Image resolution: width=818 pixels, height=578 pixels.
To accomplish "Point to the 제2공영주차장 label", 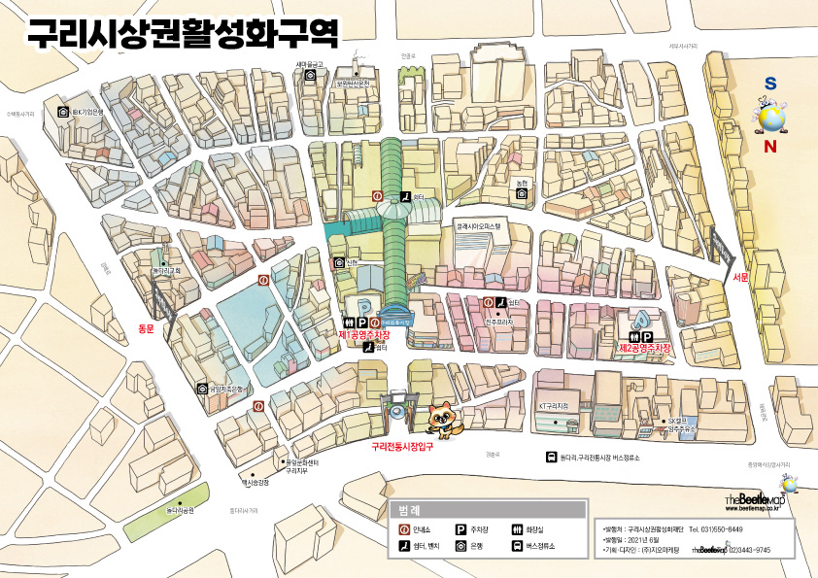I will click(x=646, y=348).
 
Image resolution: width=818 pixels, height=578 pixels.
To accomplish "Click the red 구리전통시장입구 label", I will click(x=401, y=447).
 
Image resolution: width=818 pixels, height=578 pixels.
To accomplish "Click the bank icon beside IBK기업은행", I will click(x=63, y=113).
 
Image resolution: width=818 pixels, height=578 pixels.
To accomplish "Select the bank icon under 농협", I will click(x=522, y=194).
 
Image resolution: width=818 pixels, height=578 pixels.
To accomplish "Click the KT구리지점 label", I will click(x=552, y=405).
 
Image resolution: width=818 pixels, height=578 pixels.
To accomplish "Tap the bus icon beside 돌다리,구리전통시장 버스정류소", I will click(x=551, y=458).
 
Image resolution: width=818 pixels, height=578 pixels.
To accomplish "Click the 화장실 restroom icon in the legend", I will click(x=517, y=529).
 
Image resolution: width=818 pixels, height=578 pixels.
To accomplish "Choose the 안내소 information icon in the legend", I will click(x=404, y=529).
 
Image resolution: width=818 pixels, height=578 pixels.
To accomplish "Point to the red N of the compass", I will click(x=770, y=148).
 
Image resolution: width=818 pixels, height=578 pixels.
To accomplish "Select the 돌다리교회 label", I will click(x=166, y=270).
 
